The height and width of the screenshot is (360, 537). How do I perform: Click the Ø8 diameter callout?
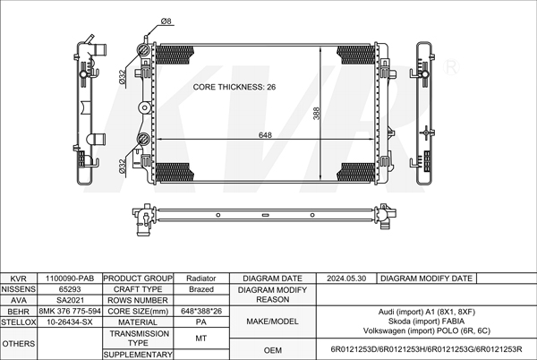166,21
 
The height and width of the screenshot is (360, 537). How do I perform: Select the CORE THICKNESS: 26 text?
234,87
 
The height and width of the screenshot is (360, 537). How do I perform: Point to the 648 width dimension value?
265,135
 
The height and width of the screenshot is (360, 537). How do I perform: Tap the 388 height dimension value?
316,114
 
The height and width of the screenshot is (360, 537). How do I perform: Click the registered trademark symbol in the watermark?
451,67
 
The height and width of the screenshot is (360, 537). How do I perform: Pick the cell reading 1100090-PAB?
70,279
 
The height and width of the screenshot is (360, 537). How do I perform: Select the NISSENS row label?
19,289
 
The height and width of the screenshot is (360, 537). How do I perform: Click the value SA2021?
70,300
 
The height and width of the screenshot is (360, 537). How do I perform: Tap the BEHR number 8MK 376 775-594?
70,311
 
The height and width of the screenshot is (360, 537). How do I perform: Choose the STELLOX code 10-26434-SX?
70,322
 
